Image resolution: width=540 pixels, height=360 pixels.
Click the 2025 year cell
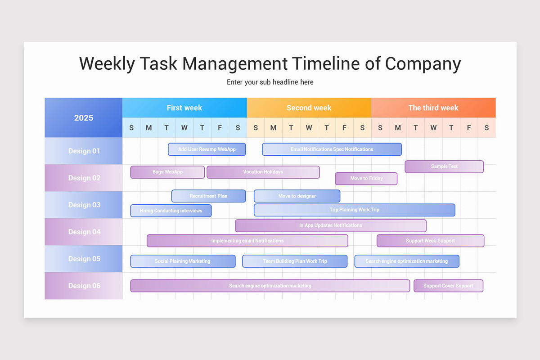click(84, 118)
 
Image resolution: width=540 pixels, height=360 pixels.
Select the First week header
click(184, 108)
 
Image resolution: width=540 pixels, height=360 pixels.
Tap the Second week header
click(309, 108)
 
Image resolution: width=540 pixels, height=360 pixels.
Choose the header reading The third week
click(433, 108)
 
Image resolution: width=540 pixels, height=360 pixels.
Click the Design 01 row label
click(84, 151)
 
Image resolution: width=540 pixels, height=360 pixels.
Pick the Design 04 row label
click(84, 232)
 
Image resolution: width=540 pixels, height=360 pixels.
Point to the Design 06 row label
click(84, 286)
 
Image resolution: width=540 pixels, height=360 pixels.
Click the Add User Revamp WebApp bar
click(207, 149)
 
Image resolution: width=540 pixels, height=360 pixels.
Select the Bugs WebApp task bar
click(167, 172)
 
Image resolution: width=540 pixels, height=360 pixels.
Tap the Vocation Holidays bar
click(263, 172)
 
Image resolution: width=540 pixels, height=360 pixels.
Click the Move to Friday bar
click(366, 179)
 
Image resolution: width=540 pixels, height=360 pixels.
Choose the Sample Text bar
click(444, 166)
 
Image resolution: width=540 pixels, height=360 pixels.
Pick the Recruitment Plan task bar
click(208, 196)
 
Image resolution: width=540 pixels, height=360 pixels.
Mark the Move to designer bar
click(297, 196)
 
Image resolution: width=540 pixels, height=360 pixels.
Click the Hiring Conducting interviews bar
click(171, 211)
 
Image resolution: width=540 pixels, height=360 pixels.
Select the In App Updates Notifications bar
click(331, 225)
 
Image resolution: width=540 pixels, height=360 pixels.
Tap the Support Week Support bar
click(430, 241)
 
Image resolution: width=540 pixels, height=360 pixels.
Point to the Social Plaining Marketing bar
click(183, 261)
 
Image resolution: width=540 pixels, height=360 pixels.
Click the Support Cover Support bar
click(448, 286)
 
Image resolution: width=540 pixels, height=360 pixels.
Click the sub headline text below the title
click(270, 82)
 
